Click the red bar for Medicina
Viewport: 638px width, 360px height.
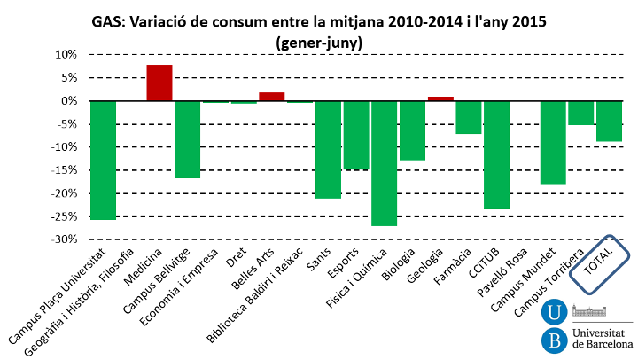tap(159, 82)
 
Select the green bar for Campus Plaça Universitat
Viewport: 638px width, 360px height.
tap(103, 160)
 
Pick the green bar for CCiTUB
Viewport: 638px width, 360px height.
tap(496, 154)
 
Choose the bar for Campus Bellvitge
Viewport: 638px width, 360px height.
tap(187, 139)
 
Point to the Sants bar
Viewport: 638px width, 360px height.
tap(328, 149)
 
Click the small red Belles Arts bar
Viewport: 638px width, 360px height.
tap(271, 96)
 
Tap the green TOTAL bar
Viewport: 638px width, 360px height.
tap(609, 121)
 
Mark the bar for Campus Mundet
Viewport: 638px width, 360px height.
tap(553, 142)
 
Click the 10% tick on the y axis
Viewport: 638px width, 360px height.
tap(66, 54)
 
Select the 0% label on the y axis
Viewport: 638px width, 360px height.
tap(69, 100)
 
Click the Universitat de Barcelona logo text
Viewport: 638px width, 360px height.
tap(602, 337)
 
